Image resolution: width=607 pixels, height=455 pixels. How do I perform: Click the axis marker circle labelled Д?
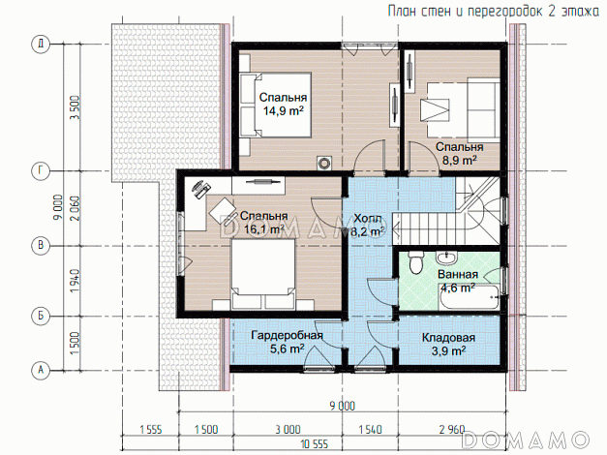click(41, 44)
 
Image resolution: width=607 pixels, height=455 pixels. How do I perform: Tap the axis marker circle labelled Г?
click(41, 170)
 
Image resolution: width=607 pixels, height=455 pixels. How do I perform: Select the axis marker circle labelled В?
click(41, 246)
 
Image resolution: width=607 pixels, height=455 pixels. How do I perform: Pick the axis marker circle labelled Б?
click(41, 316)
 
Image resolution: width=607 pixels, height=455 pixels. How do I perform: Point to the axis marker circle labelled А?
click(41, 370)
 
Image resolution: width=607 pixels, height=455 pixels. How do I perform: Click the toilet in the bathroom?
click(416, 261)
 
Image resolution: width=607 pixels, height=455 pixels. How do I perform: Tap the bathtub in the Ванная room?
click(470, 297)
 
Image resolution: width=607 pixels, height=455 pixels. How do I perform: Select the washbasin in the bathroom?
click(446, 257)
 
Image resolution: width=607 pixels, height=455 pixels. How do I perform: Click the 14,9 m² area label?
click(284, 111)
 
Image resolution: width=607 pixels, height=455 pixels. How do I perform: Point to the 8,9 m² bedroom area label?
click(459, 161)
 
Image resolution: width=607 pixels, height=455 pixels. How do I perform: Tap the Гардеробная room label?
click(287, 335)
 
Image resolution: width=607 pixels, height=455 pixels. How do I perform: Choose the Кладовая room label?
click(448, 338)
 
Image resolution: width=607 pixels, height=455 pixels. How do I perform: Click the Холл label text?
click(368, 219)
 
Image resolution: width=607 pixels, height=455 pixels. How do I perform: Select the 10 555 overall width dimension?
click(314, 443)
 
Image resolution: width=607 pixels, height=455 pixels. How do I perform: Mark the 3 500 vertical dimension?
click(74, 107)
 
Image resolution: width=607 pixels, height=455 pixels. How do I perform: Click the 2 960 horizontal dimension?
click(452, 430)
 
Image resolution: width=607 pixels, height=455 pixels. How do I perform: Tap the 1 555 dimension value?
click(151, 430)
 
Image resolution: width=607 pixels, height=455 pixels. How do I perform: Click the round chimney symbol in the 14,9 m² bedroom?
click(324, 163)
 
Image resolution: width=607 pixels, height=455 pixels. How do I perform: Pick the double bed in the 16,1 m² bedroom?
click(263, 274)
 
